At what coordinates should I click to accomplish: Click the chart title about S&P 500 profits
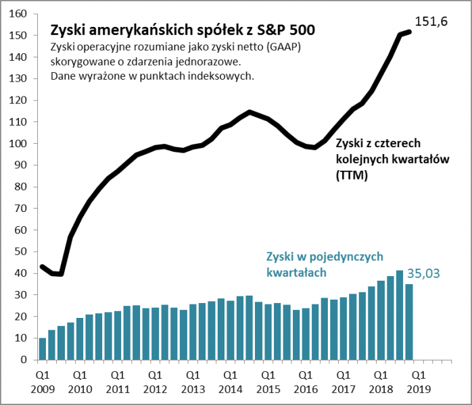pos(182,30)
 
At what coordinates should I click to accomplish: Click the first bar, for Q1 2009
pos(43,349)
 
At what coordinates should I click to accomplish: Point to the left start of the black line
pos(42,267)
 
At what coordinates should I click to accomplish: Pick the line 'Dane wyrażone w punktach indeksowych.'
pos(152,76)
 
